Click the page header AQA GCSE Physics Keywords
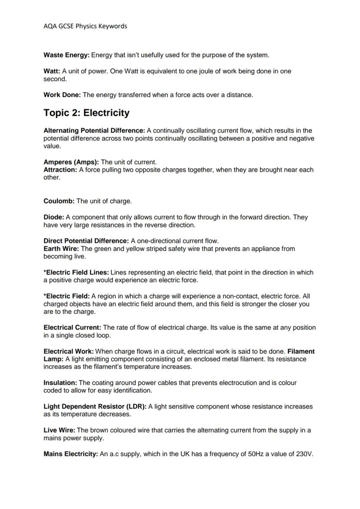point(85,26)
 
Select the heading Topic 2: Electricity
point(87,113)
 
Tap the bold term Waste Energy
point(67,55)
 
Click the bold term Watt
point(52,71)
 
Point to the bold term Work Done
point(62,95)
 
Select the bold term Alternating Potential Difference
point(94,130)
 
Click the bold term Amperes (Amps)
point(71,162)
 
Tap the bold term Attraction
point(60,170)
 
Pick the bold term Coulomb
point(59,201)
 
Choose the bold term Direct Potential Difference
point(86,241)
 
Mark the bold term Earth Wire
point(61,249)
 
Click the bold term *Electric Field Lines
point(76,273)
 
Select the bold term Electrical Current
point(72,327)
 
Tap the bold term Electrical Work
point(69,351)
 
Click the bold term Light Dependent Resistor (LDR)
point(95,406)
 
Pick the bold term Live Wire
point(59,430)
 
